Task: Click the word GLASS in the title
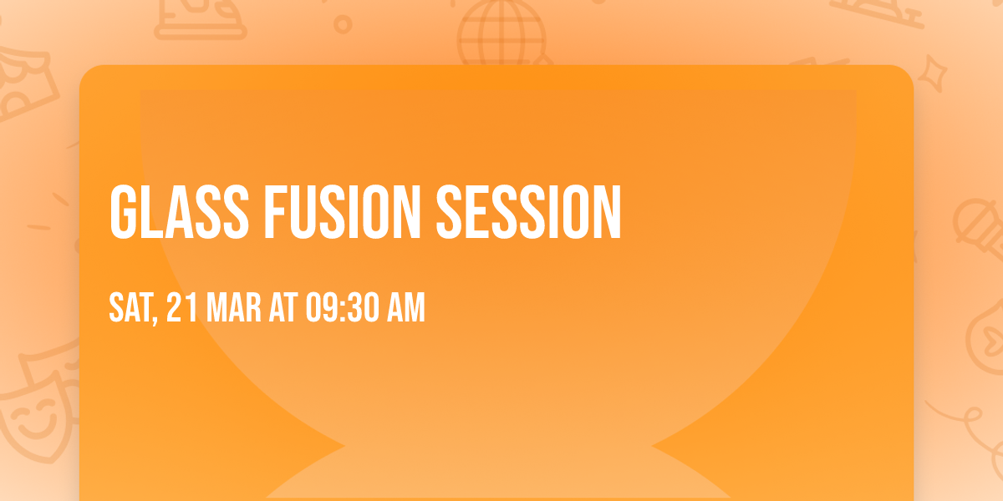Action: [179, 212]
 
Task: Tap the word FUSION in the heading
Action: [342, 212]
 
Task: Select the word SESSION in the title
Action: [529, 212]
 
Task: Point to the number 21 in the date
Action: [182, 307]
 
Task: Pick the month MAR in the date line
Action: [233, 307]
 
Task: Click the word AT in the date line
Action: [283, 307]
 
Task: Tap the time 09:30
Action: [342, 307]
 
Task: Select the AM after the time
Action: [405, 307]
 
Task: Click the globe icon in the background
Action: [501, 33]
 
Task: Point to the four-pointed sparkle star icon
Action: [932, 73]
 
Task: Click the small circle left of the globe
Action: [343, 24]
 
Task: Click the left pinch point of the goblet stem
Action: [344, 446]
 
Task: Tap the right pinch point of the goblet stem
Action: [652, 446]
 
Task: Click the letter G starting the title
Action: [122, 212]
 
